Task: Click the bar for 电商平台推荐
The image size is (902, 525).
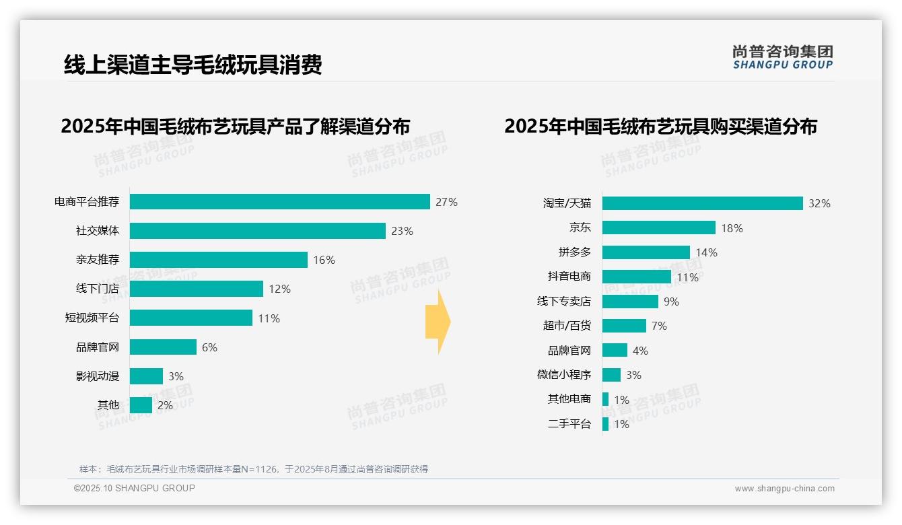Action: coord(279,202)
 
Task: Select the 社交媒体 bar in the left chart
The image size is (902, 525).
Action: coord(257,231)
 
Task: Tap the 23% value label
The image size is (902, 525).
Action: coord(402,231)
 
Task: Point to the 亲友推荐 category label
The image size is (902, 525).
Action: coord(97,260)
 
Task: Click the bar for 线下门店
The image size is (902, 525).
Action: coord(196,289)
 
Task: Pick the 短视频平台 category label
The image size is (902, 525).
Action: coord(92,318)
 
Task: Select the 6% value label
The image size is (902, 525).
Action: coord(209,347)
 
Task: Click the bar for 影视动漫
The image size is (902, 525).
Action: coord(146,376)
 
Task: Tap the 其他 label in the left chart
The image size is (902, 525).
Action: coord(108,405)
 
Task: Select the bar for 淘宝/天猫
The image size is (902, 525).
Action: coord(702,203)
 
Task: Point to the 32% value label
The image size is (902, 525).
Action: coord(819,203)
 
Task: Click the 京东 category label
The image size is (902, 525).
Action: coord(580,228)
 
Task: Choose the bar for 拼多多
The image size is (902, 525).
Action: coord(646,252)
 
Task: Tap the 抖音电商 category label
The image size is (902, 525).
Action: coord(569,277)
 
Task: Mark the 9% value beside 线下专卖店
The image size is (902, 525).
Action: coord(671,302)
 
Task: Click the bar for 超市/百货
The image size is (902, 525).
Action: coord(624,326)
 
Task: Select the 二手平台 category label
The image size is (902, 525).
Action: coord(569,424)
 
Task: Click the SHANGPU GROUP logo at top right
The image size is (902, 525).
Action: coord(782,57)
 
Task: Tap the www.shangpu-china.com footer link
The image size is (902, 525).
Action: coord(784,489)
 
